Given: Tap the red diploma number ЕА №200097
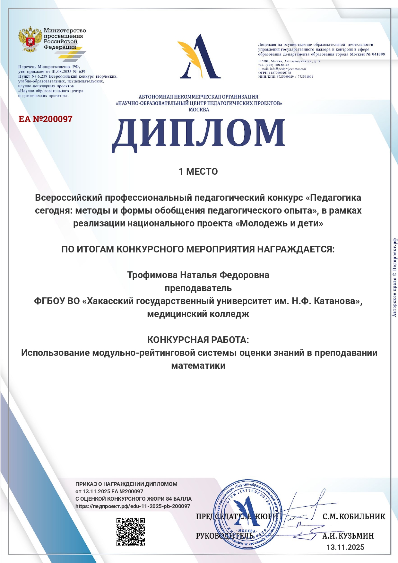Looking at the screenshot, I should coord(46,119).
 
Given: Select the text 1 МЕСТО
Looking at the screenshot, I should coord(198,172).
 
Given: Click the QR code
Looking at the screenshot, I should coord(130,532).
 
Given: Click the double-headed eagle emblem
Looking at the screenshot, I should coord(30,39).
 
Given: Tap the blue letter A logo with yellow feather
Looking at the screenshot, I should coord(199,57).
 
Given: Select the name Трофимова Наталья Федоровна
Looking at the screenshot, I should coord(198,275).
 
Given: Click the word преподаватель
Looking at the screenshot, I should coord(198,288).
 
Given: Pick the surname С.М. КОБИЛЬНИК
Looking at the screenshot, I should coord(353,516).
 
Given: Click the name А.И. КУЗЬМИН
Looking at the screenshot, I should coord(348,536).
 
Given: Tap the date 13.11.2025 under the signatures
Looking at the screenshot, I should coord(345,547).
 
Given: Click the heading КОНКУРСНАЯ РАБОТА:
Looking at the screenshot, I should coord(198,340).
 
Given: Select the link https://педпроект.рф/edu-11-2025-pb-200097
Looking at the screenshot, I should coord(133,506).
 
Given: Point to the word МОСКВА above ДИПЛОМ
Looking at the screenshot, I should coord(199,110).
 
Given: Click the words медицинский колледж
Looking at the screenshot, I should coord(198,314).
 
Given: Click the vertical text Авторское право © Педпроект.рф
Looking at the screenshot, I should coord(394,277).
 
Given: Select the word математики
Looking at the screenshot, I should coord(198,366).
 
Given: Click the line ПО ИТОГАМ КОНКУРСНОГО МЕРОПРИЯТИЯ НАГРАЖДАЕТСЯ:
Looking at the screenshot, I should coord(198,249).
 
